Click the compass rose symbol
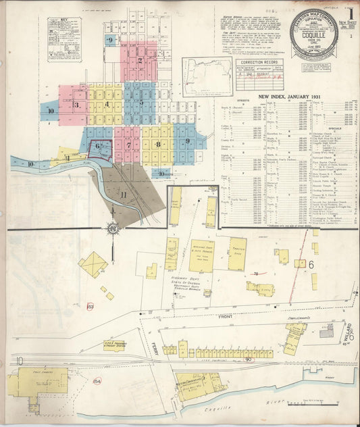coord(111,229)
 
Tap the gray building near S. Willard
coord(326,331)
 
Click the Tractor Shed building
coord(237,254)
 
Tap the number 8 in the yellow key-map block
coord(158,144)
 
